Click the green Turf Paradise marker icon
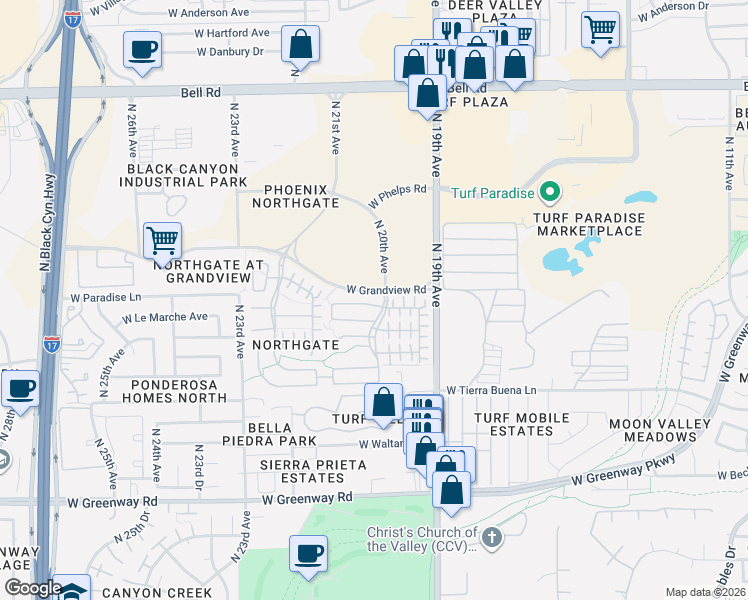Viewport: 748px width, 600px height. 549,192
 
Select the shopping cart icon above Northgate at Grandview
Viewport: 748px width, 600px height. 162,240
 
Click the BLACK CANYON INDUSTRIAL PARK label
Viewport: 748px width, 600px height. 182,175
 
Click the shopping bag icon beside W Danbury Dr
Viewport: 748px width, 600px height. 300,44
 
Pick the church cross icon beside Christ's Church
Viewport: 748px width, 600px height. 490,539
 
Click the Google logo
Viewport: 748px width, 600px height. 32,588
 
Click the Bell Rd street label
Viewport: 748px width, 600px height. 200,92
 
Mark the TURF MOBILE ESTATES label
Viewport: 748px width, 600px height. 521,424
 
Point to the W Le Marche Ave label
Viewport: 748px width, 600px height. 165,317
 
